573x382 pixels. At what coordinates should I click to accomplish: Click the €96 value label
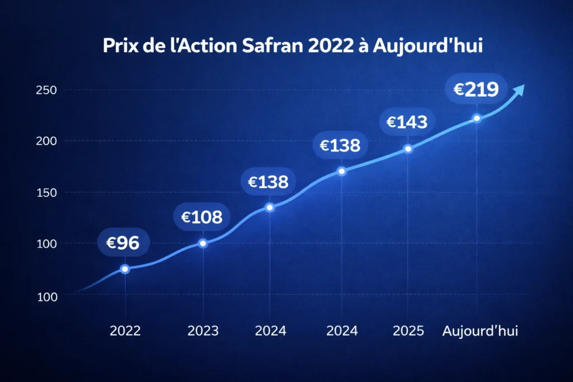[119, 242]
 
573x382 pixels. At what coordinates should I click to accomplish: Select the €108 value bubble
[202, 218]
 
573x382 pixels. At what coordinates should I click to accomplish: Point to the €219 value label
[476, 89]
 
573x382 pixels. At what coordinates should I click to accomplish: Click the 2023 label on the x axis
[203, 331]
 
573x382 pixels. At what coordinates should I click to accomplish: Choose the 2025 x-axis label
[408, 331]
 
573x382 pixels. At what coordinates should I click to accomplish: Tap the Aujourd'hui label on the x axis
[480, 331]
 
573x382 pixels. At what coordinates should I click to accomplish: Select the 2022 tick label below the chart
[125, 331]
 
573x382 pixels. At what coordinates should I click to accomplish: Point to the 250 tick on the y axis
[46, 90]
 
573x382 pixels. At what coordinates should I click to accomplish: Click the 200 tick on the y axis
[46, 141]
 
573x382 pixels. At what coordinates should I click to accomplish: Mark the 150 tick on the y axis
[46, 192]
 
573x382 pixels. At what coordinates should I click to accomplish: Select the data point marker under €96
[125, 269]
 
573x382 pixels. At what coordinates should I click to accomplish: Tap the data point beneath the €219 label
[477, 118]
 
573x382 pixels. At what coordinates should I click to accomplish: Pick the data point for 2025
[408, 149]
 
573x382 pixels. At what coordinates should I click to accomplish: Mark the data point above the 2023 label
[203, 243]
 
